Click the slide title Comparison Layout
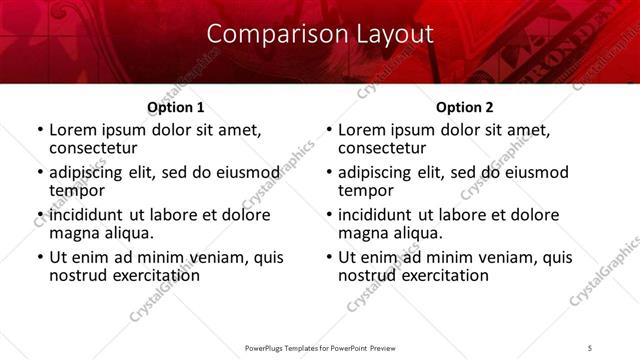pyautogui.click(x=320, y=33)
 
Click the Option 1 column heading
pyautogui.click(x=175, y=107)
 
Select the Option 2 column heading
pyautogui.click(x=465, y=107)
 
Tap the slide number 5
pyautogui.click(x=591, y=348)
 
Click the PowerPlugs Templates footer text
pyautogui.click(x=319, y=348)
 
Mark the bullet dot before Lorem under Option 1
pyautogui.click(x=40, y=130)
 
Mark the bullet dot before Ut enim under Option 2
pyautogui.click(x=329, y=257)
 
